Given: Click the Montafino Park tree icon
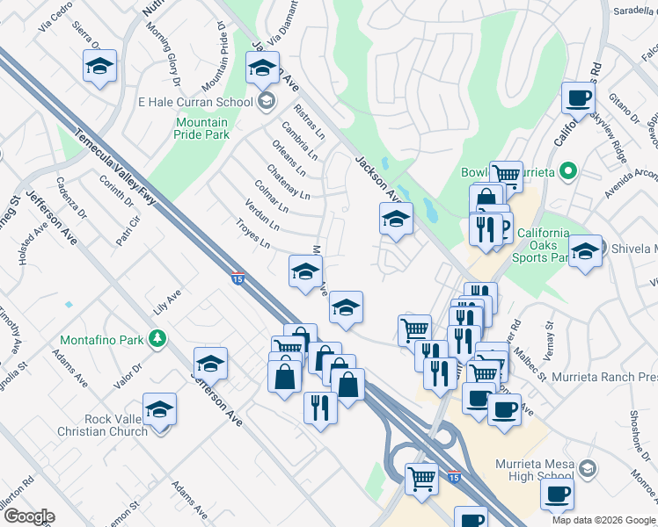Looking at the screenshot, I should pos(157,337).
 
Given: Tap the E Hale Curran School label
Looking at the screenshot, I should pos(195,101).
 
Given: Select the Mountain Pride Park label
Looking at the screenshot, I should pos(202,128).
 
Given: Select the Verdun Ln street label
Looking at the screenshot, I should pos(263,218).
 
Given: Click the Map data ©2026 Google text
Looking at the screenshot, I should pos(603,520).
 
